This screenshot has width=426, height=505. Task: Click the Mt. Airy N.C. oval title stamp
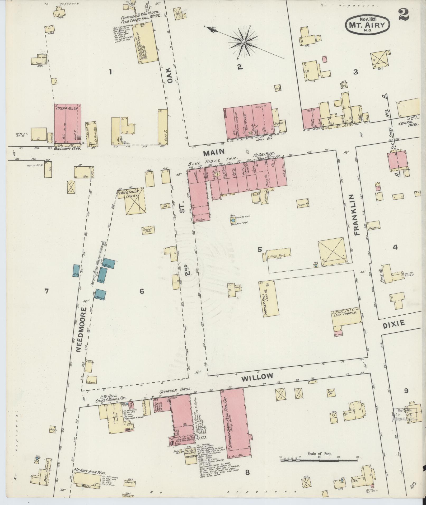[x=367, y=25]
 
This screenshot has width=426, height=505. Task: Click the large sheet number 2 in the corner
[x=404, y=15]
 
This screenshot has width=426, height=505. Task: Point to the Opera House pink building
[x=68, y=124]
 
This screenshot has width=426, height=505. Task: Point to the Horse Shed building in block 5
[x=279, y=252]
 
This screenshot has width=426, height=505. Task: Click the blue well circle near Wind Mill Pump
[x=233, y=220]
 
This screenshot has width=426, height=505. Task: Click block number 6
[x=142, y=291]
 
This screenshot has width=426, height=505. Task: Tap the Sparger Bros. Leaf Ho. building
[x=269, y=297]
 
